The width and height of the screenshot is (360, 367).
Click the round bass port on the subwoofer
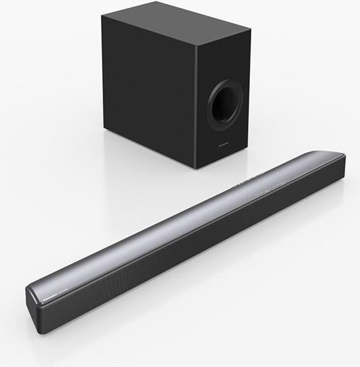coord(226,102)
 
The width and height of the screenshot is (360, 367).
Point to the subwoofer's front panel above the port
coord(223,61)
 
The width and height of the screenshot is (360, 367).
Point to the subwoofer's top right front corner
coord(250,32)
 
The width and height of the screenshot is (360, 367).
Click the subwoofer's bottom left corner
coord(105,128)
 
